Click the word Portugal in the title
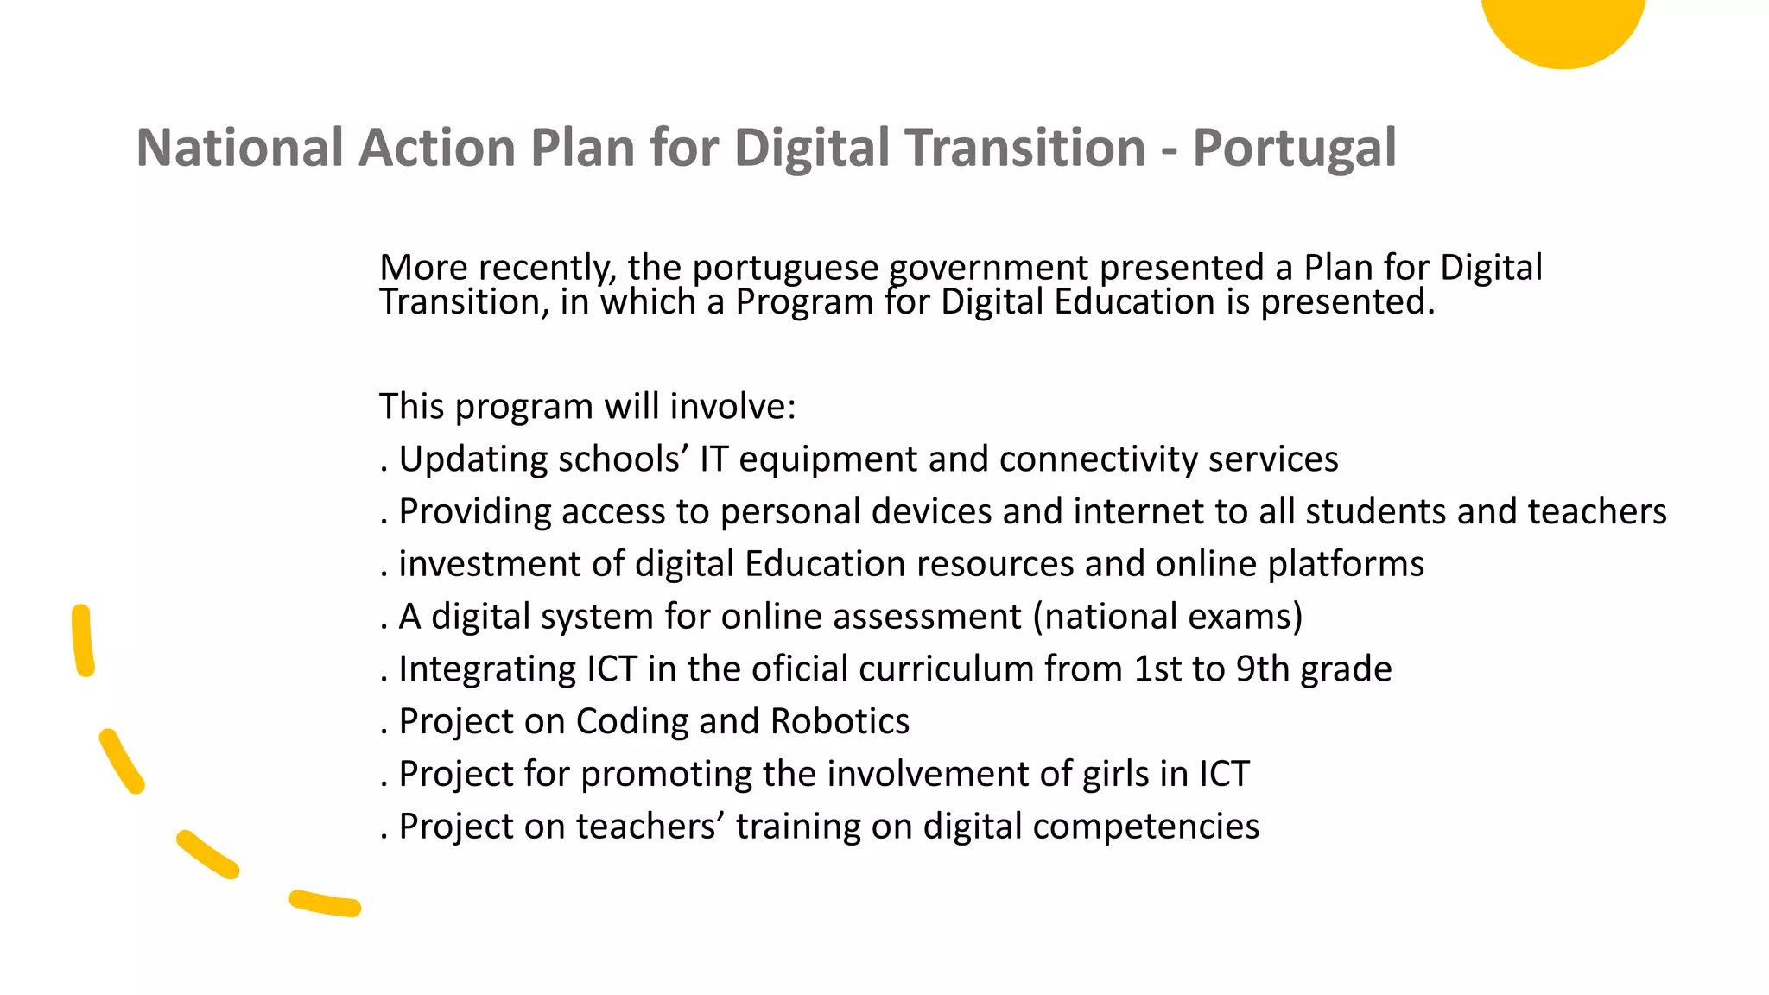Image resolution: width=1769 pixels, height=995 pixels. coord(1294,149)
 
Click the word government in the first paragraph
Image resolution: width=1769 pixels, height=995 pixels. coord(988,269)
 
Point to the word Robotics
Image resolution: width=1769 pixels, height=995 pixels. coord(840,721)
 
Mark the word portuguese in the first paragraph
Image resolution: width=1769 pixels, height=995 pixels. coord(785,269)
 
